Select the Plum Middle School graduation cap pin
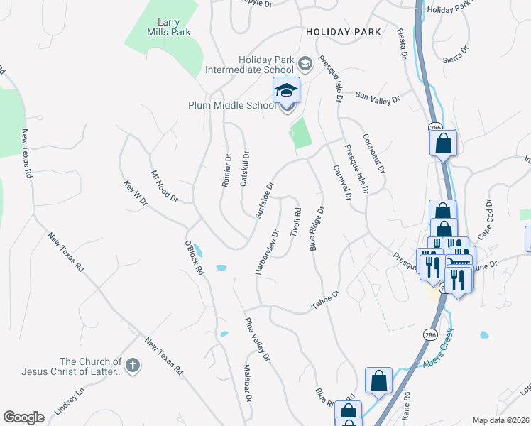click(287, 91)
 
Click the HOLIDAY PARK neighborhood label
click(344, 32)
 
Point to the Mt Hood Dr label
click(164, 186)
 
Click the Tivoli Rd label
click(296, 223)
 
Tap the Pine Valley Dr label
click(257, 340)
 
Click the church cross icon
click(133, 365)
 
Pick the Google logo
click(23, 417)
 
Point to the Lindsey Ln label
click(70, 402)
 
